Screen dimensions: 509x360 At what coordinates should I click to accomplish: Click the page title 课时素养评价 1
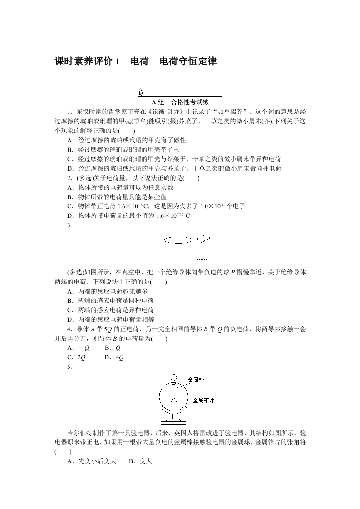pos(87,62)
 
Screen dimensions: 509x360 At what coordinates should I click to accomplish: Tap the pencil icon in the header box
pos(141,92)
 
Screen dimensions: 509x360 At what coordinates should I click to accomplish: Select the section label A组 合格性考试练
pos(180,102)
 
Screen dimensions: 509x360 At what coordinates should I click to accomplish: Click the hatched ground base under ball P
pos(201,260)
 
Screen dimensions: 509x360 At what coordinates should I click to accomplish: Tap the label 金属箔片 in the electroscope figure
pos(203,401)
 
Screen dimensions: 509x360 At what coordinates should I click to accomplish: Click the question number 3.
pos(69,225)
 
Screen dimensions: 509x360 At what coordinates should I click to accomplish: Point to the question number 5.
pos(69,367)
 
